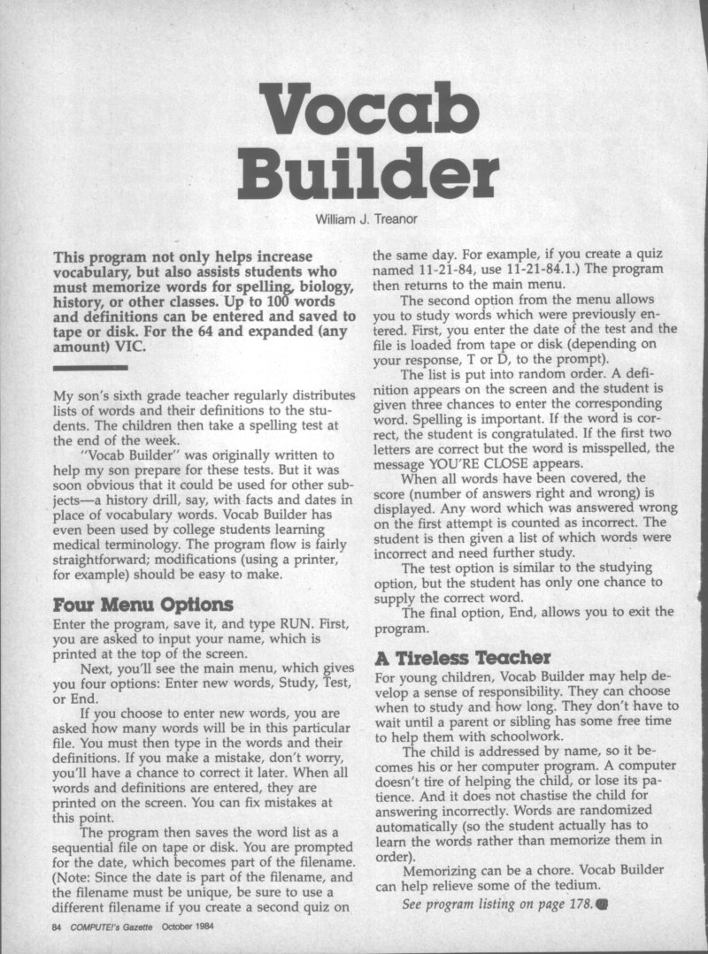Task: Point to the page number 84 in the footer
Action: [59, 928]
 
